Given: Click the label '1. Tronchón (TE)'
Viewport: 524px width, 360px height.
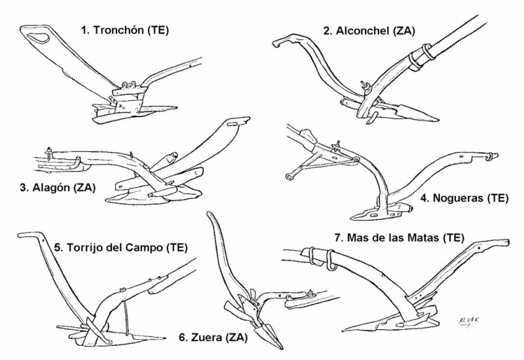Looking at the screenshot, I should point(124,30).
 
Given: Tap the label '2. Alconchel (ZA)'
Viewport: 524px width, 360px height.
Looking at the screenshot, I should point(369,30).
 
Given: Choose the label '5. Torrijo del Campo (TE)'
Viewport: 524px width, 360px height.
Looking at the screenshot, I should point(121,248).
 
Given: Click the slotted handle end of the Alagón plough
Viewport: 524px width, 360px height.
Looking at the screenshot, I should point(239,122).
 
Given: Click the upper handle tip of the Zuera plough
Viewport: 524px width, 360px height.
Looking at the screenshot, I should point(210,216).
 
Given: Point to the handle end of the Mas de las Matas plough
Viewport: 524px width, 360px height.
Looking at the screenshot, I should point(504,242).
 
